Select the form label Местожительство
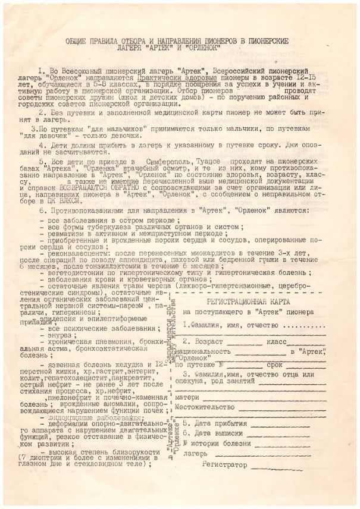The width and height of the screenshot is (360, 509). pos(204,407)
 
